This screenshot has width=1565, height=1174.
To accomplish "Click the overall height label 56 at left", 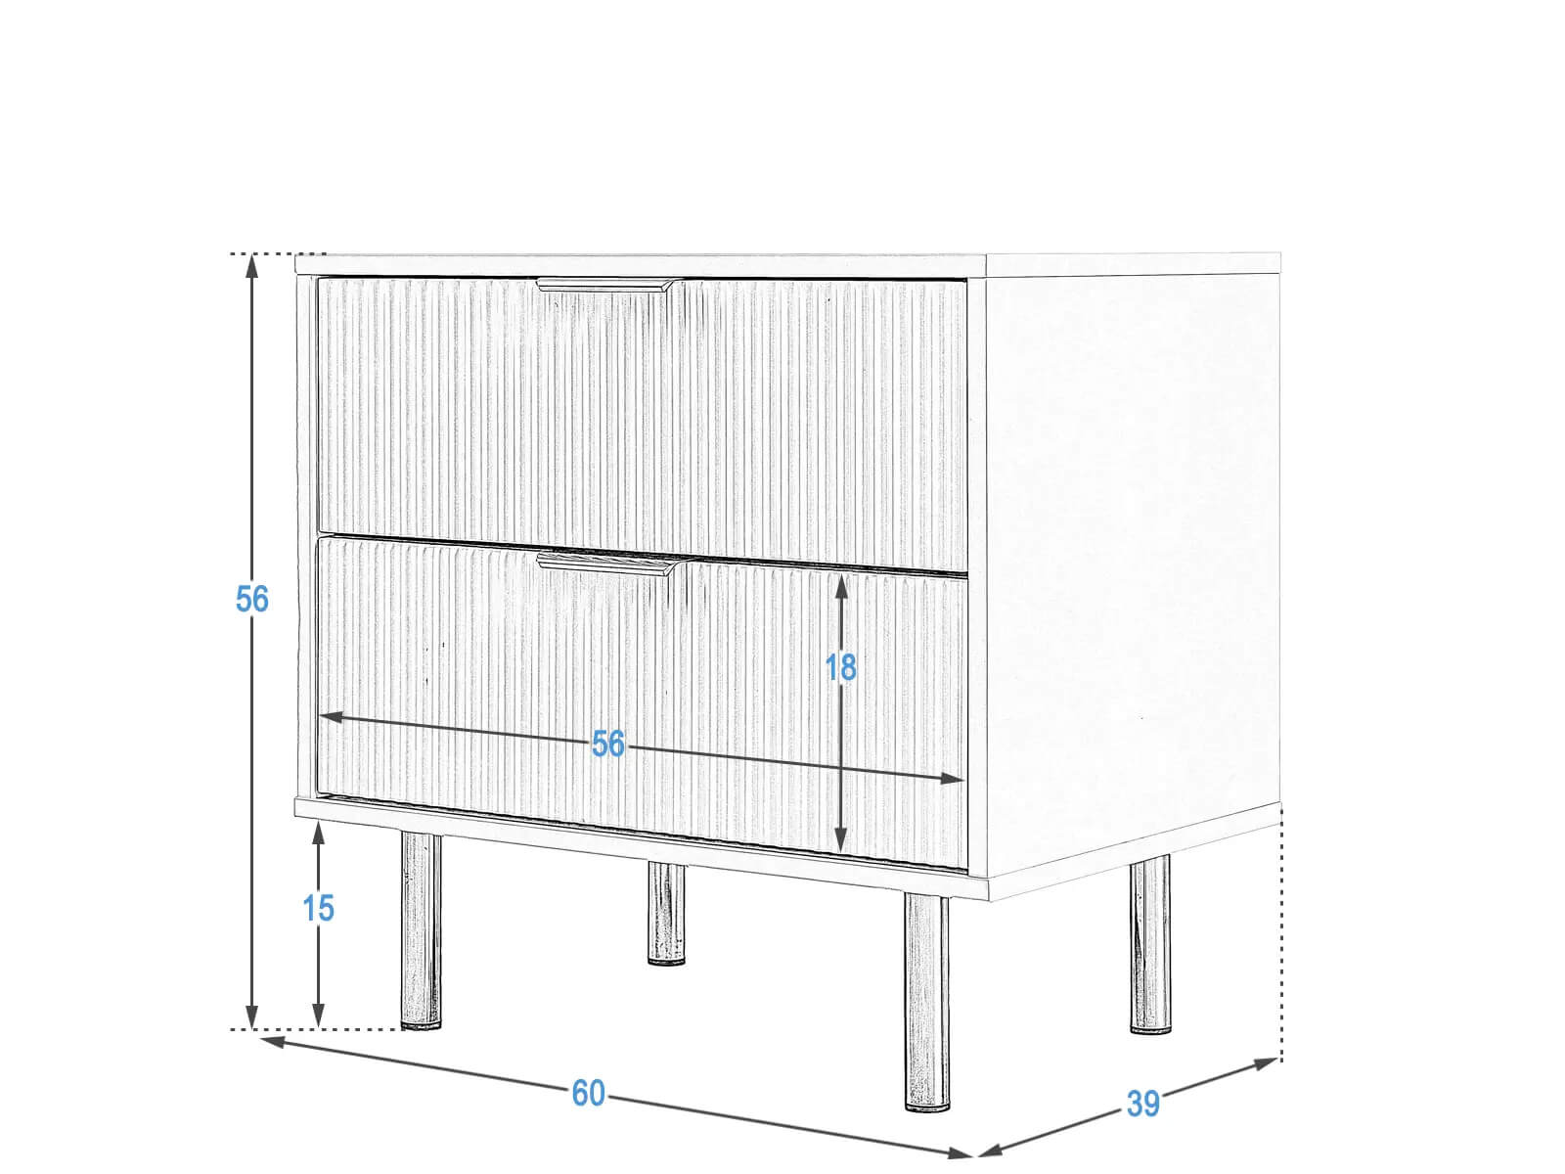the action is tap(251, 599).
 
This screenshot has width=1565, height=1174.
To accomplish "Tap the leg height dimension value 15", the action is tap(318, 908).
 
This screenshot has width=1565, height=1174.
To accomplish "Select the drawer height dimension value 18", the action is tap(840, 667).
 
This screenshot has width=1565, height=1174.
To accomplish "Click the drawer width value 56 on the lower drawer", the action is tap(607, 744).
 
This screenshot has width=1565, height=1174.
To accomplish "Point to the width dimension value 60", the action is tap(588, 1093).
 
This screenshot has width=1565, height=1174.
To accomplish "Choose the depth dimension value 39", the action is tap(1142, 1104).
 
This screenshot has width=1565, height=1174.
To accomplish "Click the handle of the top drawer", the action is tap(604, 285).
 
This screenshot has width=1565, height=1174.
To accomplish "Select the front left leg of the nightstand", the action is tap(421, 931).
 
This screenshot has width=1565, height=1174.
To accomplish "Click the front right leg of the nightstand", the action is tap(927, 1003).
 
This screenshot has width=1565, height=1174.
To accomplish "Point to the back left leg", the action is tap(666, 913).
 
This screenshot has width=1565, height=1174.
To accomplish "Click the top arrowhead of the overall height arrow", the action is tap(251, 265).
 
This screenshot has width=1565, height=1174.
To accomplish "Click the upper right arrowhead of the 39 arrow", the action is tap(1264, 1064).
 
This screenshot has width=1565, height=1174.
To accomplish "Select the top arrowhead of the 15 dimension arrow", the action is tap(318, 833).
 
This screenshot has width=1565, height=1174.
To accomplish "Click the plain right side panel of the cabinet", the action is tap(1133, 570).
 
